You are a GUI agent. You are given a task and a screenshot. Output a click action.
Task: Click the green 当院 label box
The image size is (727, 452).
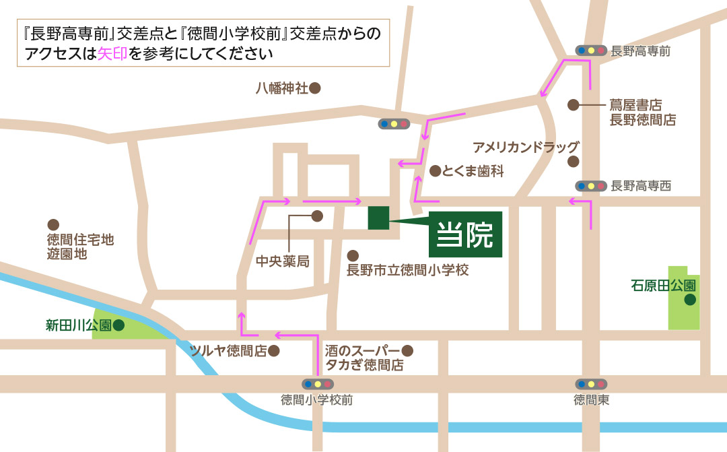(466, 234)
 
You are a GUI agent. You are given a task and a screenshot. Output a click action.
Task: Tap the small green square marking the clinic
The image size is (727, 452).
(378, 218)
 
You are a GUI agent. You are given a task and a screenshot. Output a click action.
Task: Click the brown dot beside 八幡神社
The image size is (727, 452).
(314, 88)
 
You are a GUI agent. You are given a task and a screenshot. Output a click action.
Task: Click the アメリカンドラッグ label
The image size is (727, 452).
(526, 146)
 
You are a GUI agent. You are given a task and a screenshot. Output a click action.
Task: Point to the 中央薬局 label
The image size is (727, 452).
(282, 261)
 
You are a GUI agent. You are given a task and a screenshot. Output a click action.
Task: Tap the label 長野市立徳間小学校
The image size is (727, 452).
(407, 271)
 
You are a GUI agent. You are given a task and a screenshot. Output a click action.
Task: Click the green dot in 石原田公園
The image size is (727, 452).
(689, 300)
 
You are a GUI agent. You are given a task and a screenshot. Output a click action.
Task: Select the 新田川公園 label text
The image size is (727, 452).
(78, 326)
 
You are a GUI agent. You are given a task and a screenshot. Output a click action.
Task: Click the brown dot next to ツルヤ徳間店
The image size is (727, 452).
(274, 351)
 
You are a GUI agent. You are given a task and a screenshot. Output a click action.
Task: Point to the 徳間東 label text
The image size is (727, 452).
(591, 399)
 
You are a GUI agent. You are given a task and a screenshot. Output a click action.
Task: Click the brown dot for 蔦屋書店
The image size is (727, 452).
(573, 104)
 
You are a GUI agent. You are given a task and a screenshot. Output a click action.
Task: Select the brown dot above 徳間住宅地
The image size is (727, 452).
(53, 225)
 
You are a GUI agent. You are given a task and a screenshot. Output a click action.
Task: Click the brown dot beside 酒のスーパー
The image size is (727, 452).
(407, 350)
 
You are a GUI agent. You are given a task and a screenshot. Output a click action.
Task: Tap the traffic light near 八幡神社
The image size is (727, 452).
(394, 124)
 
